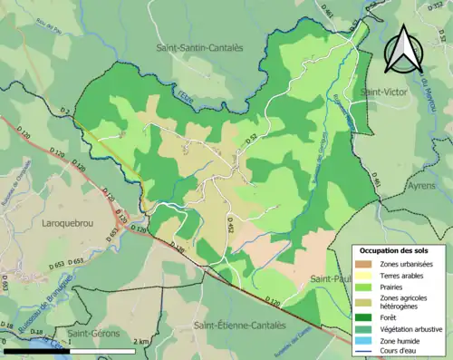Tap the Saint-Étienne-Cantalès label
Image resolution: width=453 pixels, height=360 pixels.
tap(238, 324)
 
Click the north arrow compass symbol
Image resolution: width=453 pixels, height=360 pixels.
tap(401, 50)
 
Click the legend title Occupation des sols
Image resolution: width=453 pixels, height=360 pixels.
tap(396, 250)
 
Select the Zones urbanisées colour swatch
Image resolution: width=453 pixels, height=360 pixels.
tap(366, 264)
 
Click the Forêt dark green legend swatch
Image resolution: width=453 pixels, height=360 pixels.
tap(366, 316)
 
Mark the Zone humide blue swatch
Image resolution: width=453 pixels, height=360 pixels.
tap(366, 338)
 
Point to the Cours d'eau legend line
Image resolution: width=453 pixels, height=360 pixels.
tap(366, 349)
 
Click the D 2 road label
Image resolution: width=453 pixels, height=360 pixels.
tap(64, 112)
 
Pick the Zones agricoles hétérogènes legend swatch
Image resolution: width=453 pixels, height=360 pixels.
tap(366, 300)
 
